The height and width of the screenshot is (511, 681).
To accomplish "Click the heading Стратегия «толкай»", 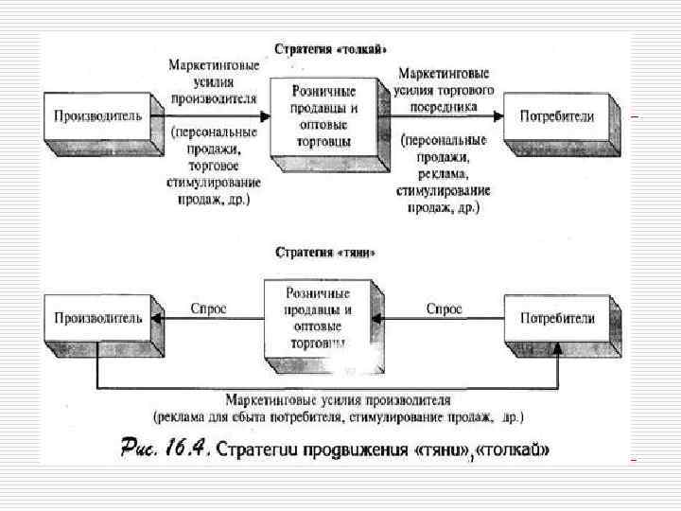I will coord(331,48).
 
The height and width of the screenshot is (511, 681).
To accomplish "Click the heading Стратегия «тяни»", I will coord(325,253).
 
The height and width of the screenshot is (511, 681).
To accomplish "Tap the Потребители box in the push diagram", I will coord(557,116).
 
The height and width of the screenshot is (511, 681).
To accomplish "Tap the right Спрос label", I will coord(444,308).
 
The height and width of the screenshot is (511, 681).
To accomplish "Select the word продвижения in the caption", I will coord(346,449).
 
